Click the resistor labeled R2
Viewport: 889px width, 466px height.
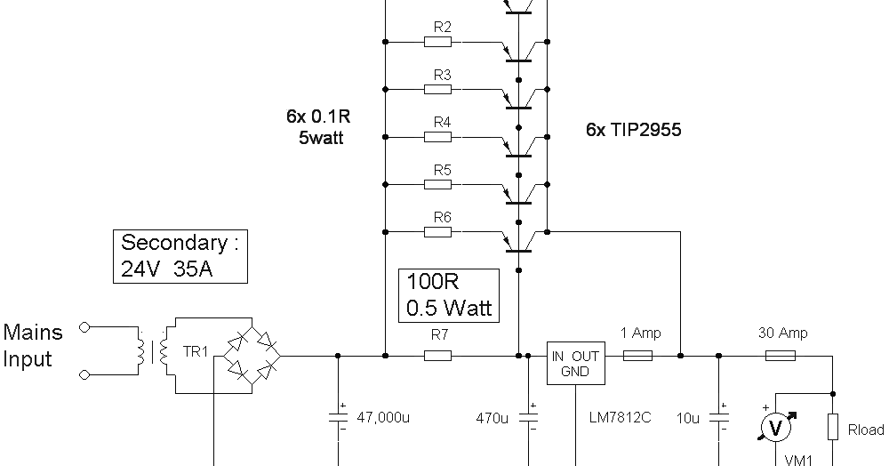pyautogui.click(x=437, y=42)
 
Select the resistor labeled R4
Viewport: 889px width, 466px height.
pyautogui.click(x=437, y=137)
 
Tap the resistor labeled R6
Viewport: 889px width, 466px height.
pyautogui.click(x=437, y=232)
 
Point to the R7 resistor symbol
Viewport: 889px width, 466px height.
pyautogui.click(x=437, y=356)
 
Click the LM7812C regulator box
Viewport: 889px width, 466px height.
pyautogui.click(x=575, y=363)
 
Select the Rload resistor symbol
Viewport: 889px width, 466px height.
pyautogui.click(x=833, y=428)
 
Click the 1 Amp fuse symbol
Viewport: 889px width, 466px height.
pyautogui.click(x=637, y=356)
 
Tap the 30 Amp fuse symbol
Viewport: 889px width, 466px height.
pyautogui.click(x=781, y=356)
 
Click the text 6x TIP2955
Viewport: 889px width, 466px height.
pyautogui.click(x=633, y=130)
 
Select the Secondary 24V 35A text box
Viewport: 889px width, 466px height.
pyautogui.click(x=180, y=256)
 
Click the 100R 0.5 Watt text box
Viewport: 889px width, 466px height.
pyautogui.click(x=449, y=295)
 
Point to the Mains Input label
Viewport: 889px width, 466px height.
pyautogui.click(x=33, y=346)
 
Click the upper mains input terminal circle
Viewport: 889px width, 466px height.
pyautogui.click(x=84, y=327)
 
